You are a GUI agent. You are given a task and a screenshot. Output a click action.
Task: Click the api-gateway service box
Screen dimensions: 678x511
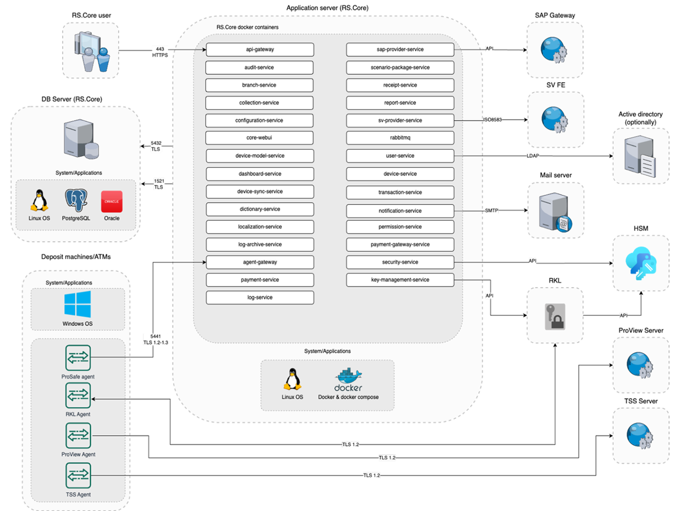point(260,49)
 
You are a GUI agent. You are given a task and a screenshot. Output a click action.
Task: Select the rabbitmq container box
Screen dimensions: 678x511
point(400,138)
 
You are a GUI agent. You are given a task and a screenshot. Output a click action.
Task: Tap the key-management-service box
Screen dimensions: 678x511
point(400,280)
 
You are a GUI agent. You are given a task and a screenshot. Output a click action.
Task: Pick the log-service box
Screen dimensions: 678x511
point(260,297)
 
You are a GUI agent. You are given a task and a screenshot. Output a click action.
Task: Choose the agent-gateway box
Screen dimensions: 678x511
point(260,262)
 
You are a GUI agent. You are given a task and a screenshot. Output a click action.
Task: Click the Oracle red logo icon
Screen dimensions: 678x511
point(112,201)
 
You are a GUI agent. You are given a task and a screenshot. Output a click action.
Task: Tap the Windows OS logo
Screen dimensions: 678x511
point(78,304)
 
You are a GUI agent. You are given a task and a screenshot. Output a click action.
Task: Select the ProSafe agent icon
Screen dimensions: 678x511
point(78,357)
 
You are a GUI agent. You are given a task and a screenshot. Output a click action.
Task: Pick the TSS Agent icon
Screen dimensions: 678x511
point(78,476)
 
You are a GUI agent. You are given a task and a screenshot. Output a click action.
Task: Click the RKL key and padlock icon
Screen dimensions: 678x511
point(555,316)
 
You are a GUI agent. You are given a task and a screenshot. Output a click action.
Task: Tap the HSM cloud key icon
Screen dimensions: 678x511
point(641,263)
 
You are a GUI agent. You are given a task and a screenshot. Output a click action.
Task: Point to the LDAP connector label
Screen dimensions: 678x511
point(533,156)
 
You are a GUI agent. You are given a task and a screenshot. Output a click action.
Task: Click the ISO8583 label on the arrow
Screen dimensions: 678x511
point(492,120)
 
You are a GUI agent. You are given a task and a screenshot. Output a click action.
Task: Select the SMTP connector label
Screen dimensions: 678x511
point(491,211)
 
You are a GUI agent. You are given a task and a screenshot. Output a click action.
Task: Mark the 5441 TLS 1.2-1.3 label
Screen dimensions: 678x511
point(156,339)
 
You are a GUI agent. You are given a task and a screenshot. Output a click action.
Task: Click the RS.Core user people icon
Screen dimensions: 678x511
point(91,51)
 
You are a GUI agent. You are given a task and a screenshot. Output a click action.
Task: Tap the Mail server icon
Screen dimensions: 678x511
point(555,212)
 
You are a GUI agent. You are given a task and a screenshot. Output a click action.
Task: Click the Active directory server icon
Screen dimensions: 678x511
point(640,157)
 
